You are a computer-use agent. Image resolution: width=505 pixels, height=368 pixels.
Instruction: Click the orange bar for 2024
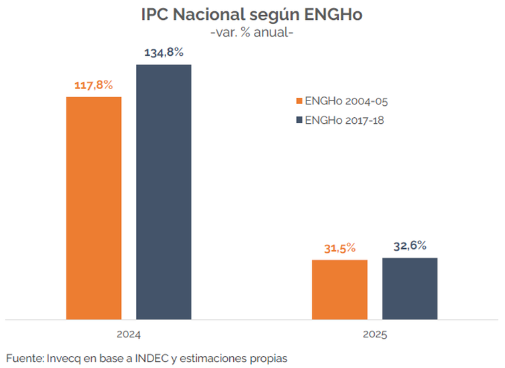pos(94,208)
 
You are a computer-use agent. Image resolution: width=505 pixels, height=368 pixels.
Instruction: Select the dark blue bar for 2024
pos(163,192)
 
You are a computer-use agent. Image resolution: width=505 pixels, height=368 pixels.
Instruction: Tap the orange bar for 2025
pos(340,289)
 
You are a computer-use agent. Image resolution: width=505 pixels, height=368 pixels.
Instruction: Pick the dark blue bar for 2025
pos(409,288)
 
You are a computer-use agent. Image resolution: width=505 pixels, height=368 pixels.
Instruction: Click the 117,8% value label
pos(93,85)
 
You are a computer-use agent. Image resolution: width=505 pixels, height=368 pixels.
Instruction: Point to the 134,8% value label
pos(163,53)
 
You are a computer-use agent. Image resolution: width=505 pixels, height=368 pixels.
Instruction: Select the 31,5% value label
pos(340,248)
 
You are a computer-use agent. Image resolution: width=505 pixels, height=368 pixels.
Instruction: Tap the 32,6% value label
pos(409,246)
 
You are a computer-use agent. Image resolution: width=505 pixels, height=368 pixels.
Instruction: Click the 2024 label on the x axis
pos(129,335)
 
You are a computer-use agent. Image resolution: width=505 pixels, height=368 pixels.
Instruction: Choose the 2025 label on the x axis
pos(375,335)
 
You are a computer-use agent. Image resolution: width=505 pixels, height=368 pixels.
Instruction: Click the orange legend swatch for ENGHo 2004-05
pos(298,101)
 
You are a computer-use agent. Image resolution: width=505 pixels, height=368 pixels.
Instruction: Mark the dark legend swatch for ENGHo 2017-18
pos(298,120)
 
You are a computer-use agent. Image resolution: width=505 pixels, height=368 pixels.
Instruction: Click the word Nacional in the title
pos(211,15)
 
